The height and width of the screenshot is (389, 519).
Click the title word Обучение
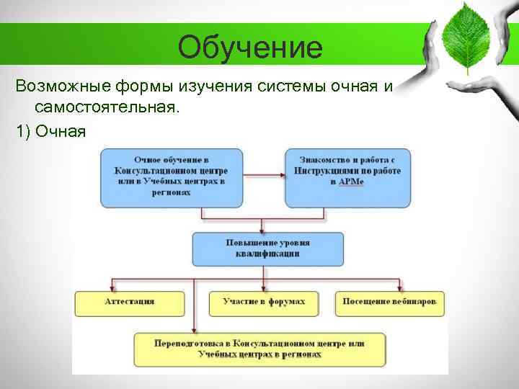250,48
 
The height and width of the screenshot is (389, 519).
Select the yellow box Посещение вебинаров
390,302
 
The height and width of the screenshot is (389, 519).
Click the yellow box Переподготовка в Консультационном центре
259,349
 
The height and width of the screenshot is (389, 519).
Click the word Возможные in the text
62,87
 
